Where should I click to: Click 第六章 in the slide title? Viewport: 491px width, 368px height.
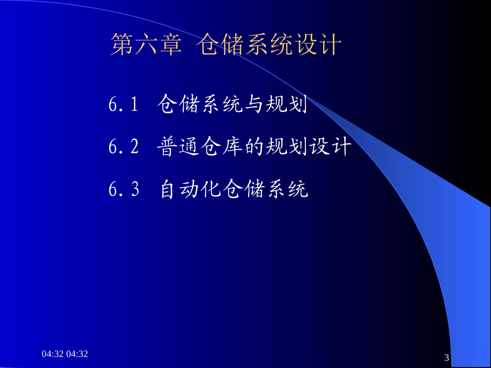(x=146, y=45)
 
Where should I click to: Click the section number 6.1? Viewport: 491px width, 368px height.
(x=124, y=105)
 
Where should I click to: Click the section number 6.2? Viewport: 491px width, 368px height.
(x=124, y=148)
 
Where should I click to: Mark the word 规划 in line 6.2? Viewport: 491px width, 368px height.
(x=286, y=148)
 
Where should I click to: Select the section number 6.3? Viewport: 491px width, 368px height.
(x=124, y=190)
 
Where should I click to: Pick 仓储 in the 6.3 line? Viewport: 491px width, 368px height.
(x=242, y=190)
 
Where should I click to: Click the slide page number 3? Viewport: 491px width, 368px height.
(x=447, y=358)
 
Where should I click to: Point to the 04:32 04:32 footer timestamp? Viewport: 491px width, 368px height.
(x=65, y=354)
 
